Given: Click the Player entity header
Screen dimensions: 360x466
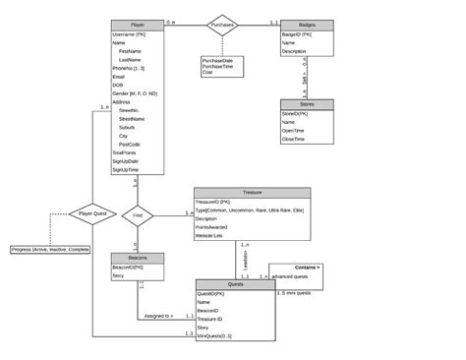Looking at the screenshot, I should coord(137,24).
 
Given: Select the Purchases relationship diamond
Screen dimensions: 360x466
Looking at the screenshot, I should coord(223,24).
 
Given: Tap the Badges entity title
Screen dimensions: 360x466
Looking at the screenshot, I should coord(305,24).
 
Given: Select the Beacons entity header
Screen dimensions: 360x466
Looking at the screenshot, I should coord(137,258).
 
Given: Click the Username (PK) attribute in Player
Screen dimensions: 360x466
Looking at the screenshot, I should coord(129,34).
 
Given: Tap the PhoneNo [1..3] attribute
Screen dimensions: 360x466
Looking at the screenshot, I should coord(131,68).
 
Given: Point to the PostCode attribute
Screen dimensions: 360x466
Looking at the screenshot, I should coord(129,145).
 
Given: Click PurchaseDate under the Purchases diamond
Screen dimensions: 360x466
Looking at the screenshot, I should coord(217,60).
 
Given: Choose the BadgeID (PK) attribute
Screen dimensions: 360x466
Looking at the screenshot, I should coord(299,34).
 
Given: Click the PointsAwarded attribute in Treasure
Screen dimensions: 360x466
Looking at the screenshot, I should coord(217,227).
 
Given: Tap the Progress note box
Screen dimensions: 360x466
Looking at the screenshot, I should coord(51,250).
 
